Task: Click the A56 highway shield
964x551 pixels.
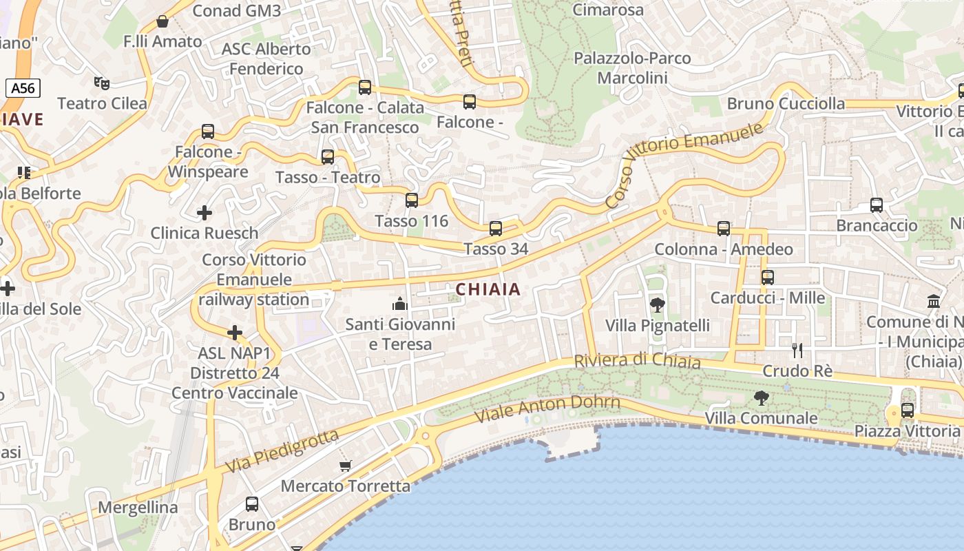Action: coord(23,87)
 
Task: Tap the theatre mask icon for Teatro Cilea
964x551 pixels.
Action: coord(102,83)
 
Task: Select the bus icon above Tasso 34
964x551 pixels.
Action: coord(496,228)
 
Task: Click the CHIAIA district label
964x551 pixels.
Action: coord(488,289)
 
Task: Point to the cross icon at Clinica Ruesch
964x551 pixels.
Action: coord(205,213)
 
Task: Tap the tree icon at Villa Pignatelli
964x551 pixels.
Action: coord(658,304)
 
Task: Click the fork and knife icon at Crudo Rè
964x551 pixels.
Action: coord(797,351)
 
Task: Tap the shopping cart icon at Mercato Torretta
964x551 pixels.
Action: coord(346,466)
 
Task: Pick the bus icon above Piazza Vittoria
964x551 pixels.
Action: coord(908,410)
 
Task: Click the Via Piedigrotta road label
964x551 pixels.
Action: coord(282,452)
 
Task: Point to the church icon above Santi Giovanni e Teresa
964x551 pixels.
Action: coord(399,303)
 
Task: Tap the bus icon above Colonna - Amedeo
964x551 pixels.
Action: coord(724,228)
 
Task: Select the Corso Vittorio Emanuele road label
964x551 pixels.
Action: coord(684,165)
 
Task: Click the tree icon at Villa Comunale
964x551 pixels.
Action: coord(761,397)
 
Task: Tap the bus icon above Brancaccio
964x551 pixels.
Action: coord(877,205)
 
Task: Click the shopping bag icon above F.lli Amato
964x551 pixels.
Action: coord(163,21)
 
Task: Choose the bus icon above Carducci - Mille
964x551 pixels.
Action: coord(768,278)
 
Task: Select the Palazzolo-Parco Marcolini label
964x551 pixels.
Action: coord(632,67)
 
